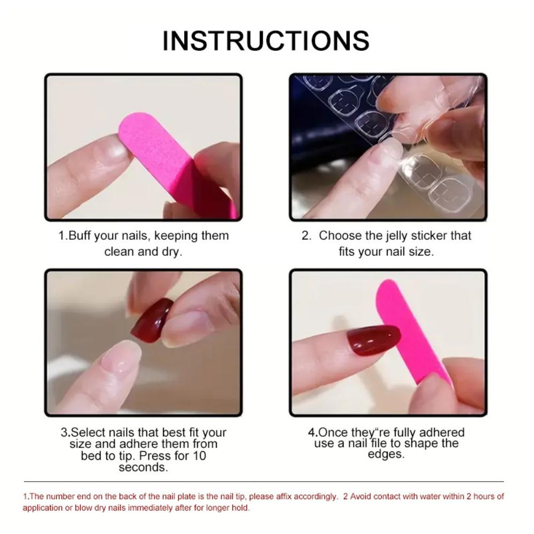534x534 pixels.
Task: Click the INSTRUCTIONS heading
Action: coord(266,41)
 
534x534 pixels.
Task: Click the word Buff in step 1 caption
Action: coord(80,235)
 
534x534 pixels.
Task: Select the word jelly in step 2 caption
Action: coord(396,235)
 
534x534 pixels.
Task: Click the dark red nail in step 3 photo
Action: coord(151,320)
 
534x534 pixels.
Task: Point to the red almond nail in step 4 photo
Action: coord(374,339)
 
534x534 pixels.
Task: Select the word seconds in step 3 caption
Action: coord(143,467)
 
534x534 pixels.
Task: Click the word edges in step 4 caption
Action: coord(386,454)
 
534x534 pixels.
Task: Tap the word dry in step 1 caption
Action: coord(172,251)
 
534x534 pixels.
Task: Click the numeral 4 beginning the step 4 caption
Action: coord(311,433)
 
